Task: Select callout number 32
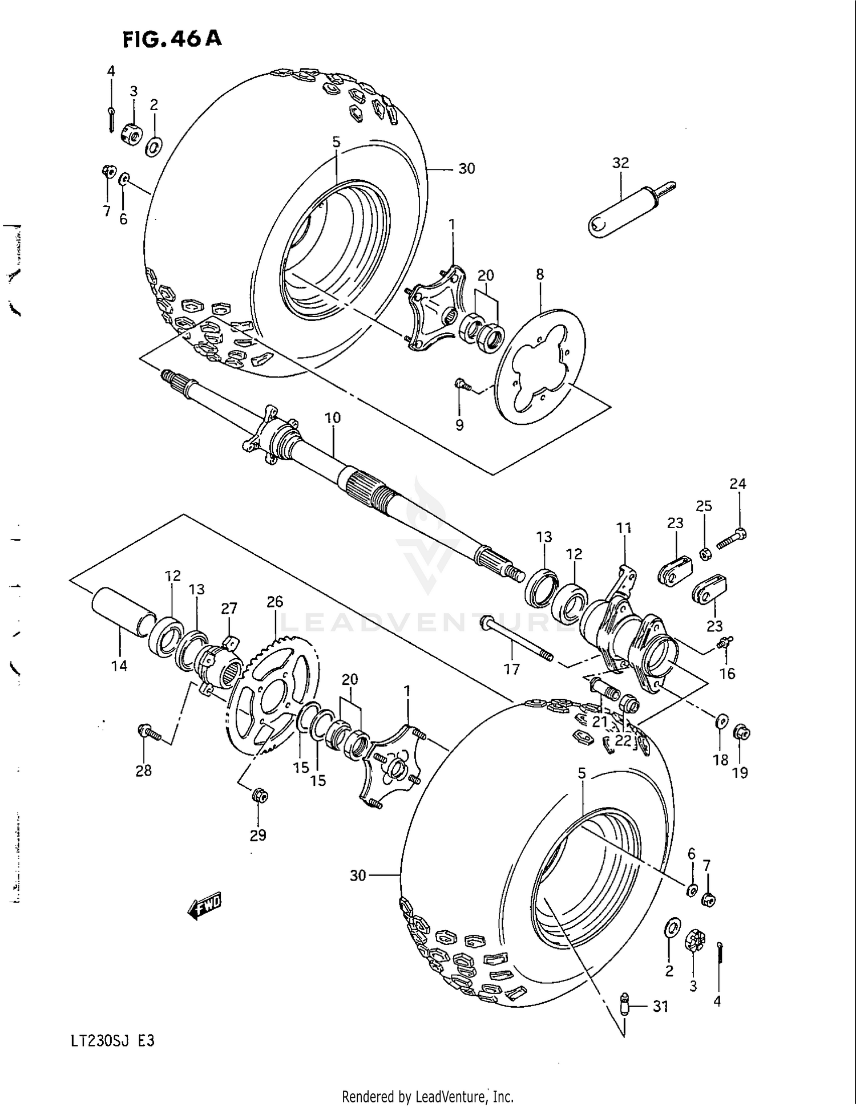(x=620, y=163)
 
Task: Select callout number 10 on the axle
(x=333, y=417)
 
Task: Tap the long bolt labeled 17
(x=517, y=639)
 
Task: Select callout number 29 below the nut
(x=258, y=835)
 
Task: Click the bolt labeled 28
(x=150, y=732)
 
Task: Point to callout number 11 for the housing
(x=624, y=528)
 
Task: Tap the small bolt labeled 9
(x=462, y=386)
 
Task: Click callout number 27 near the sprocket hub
(x=229, y=609)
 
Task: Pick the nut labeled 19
(x=741, y=733)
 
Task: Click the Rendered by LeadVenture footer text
(x=427, y=1096)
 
